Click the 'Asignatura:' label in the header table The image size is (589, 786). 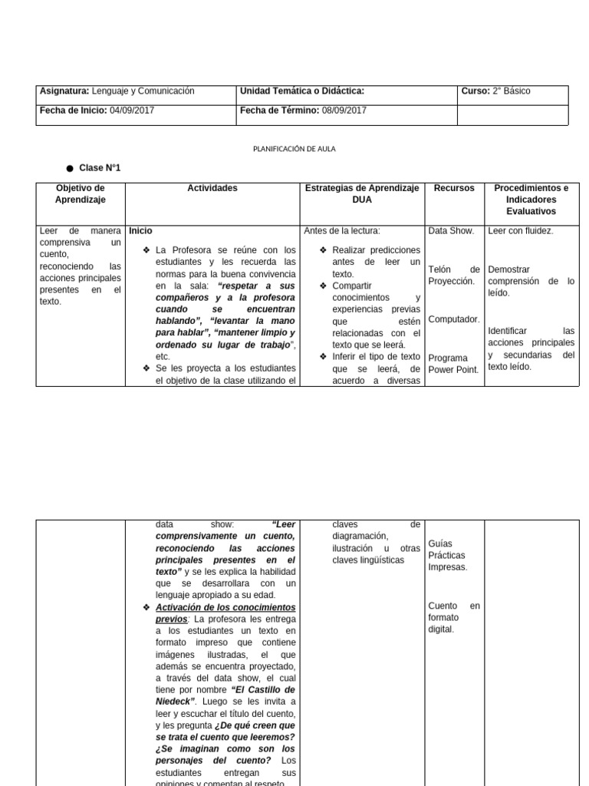[64, 91]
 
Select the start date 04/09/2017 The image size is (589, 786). [132, 111]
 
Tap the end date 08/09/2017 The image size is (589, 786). [344, 111]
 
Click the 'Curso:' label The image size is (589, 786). [475, 91]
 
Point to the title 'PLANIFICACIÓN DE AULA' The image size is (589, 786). [294, 149]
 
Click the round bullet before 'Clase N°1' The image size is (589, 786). [70, 168]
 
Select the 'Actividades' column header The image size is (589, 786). [212, 188]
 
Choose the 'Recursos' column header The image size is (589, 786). [454, 188]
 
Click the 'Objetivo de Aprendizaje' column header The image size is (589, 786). [81, 193]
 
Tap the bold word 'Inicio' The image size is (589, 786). [141, 230]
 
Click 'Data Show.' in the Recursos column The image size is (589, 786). [451, 230]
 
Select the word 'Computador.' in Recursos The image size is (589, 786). [454, 319]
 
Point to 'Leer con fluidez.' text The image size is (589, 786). [521, 230]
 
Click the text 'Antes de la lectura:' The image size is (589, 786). [342, 230]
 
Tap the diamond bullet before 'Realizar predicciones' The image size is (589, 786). [324, 250]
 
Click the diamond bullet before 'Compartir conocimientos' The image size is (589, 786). [324, 286]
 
